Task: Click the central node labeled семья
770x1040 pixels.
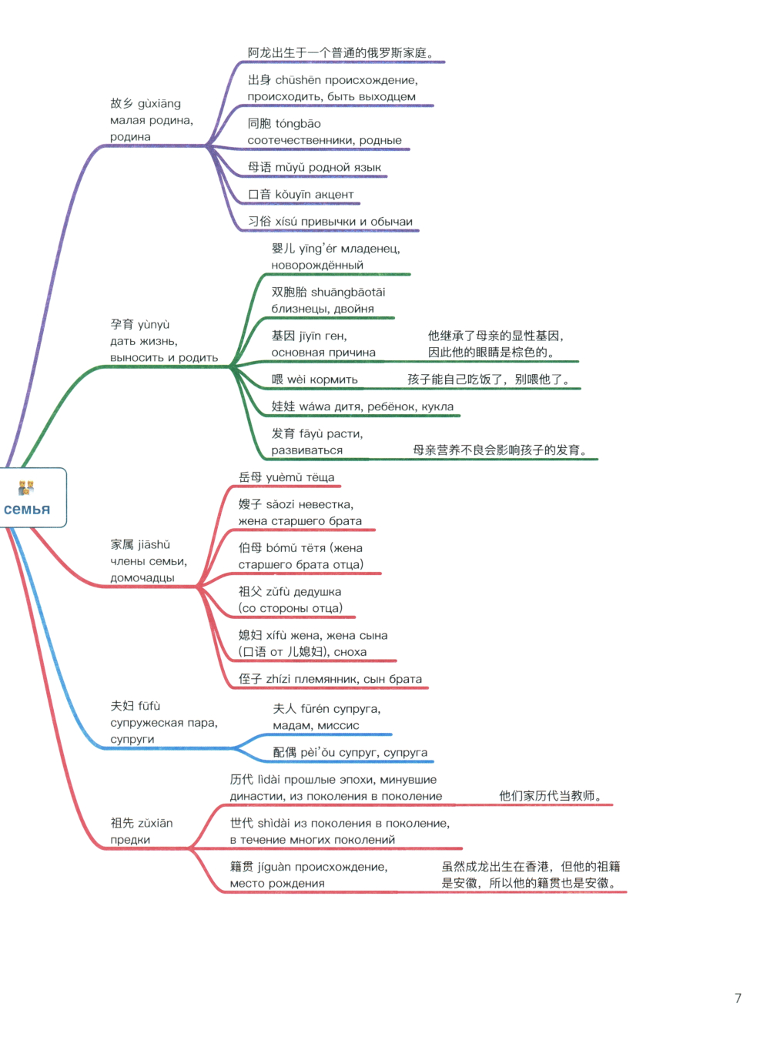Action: pyautogui.click(x=32, y=497)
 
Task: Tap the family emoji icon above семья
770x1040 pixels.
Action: pyautogui.click(x=26, y=487)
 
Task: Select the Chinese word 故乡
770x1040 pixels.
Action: pyautogui.click(x=122, y=103)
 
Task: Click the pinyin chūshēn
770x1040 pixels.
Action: pyautogui.click(x=298, y=80)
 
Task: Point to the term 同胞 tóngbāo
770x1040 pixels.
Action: pyautogui.click(x=284, y=123)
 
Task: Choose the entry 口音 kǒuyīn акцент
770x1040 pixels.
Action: pyautogui.click(x=300, y=194)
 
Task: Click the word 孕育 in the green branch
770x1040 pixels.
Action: pyautogui.click(x=122, y=324)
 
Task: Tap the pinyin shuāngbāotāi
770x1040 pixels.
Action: pyautogui.click(x=348, y=292)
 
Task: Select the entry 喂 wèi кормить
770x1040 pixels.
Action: pyautogui.click(x=314, y=379)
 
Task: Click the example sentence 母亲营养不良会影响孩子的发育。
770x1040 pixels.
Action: pyautogui.click(x=500, y=450)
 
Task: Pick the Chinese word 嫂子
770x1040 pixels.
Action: pyautogui.click(x=250, y=503)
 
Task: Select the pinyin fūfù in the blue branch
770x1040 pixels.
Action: pyautogui.click(x=149, y=706)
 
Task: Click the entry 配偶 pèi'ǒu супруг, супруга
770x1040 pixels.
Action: pyautogui.click(x=350, y=752)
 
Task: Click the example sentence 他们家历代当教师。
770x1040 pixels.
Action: pyautogui.click(x=551, y=796)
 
